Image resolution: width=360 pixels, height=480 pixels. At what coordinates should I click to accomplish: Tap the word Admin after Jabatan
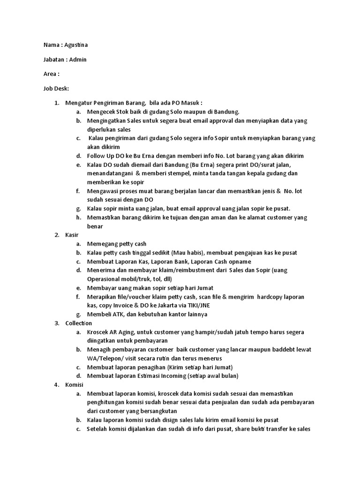(x=78, y=60)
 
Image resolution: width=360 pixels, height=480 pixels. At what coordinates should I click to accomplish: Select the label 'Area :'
(x=52, y=74)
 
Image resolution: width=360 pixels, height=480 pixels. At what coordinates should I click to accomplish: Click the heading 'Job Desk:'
(x=56, y=88)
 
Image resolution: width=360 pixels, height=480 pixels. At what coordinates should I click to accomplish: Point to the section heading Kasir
(x=72, y=235)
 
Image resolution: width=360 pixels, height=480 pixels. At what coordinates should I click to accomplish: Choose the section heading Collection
(x=78, y=323)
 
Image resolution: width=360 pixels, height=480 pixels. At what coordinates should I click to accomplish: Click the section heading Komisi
(x=74, y=385)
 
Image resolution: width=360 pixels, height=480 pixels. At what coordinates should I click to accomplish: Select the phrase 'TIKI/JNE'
(x=201, y=306)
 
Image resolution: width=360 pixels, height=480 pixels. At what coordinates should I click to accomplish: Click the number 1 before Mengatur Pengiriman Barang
(x=56, y=103)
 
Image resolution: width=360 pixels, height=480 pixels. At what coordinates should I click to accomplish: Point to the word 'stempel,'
(x=167, y=173)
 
